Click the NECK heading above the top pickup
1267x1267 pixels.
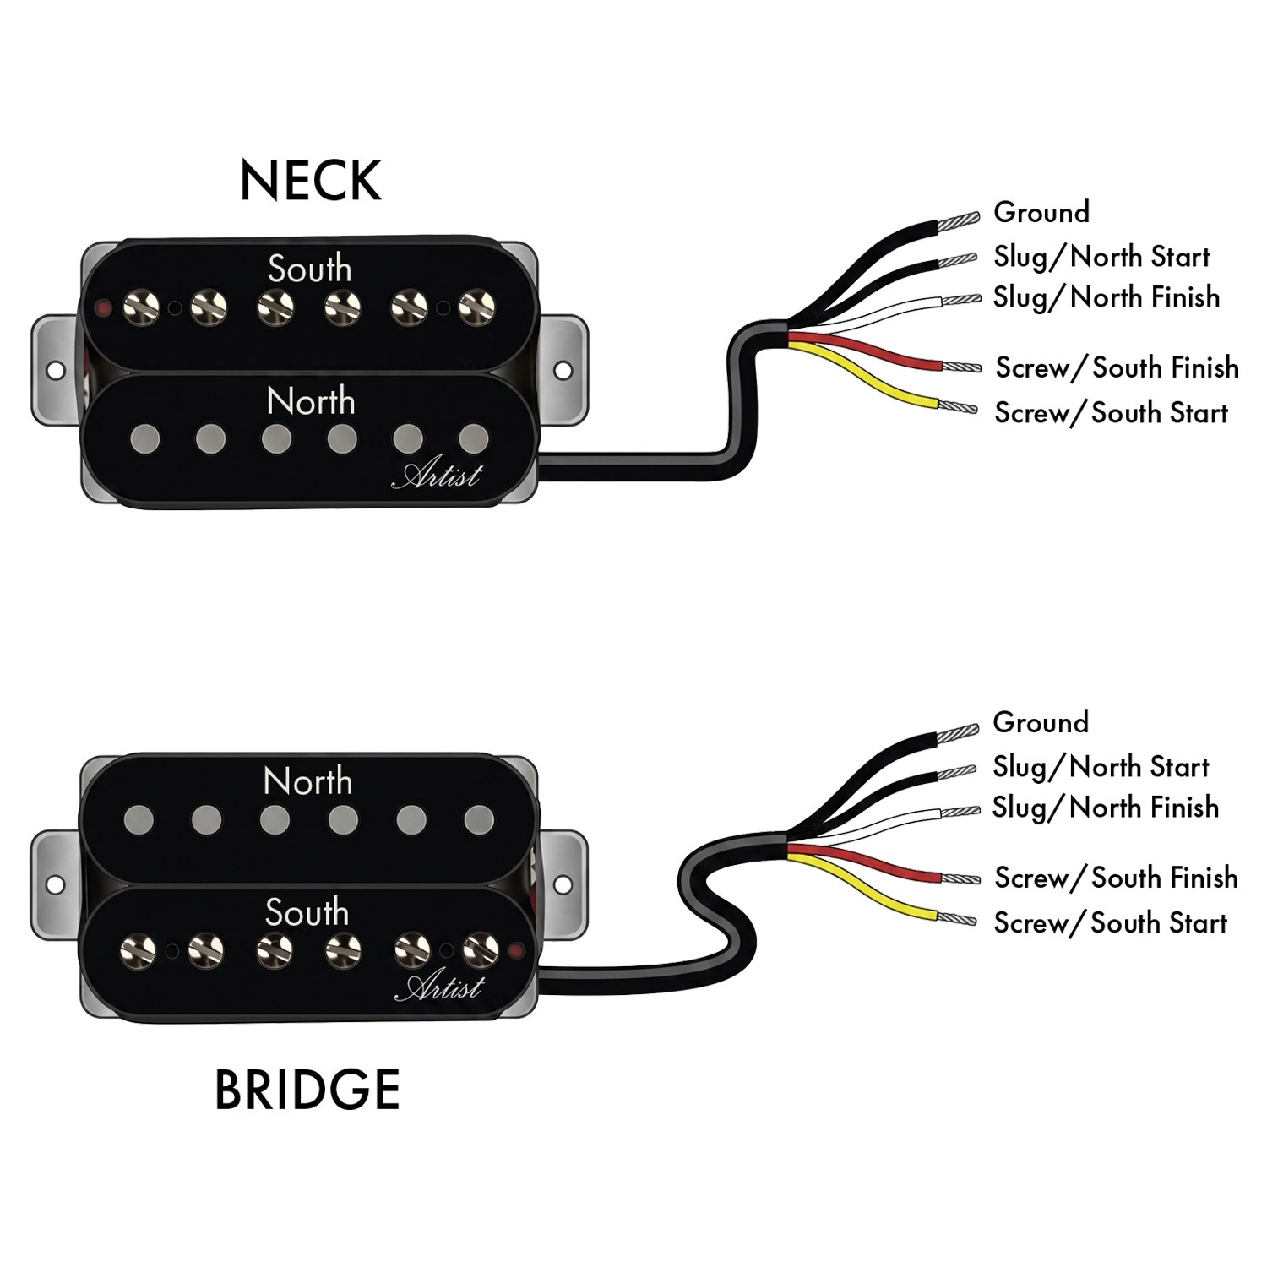[310, 180]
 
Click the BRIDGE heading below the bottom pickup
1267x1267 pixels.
[307, 1089]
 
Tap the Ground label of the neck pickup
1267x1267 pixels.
[1041, 212]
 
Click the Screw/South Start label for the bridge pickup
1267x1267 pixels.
[1110, 923]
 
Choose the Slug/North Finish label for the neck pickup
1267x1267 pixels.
[1107, 297]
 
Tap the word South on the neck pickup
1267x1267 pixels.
[309, 269]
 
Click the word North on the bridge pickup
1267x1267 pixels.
[307, 781]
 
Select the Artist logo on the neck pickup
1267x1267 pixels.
[436, 475]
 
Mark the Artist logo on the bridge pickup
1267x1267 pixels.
[440, 987]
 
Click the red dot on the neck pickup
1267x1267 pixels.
[103, 306]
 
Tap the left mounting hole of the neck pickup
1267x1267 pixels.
[55, 371]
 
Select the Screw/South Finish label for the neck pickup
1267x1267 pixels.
[1117, 367]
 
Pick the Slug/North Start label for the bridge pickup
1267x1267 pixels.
[1101, 767]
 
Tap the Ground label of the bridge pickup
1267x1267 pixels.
[1041, 722]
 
